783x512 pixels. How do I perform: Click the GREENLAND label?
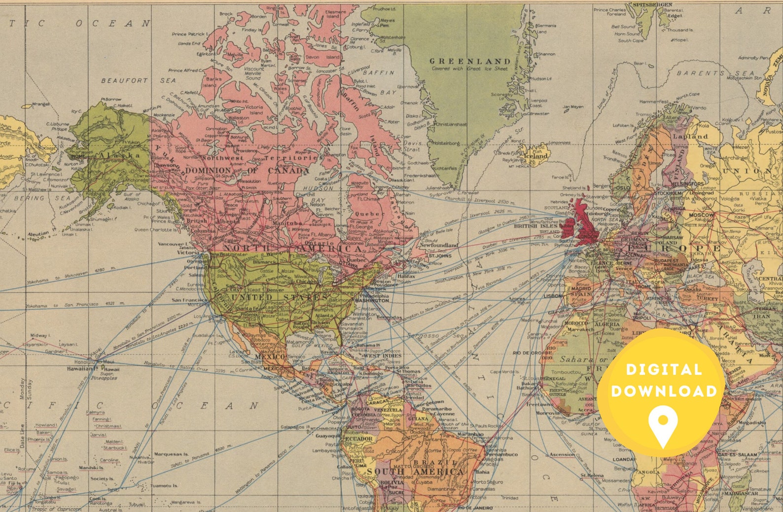[x=469, y=61]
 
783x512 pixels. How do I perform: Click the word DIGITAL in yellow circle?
[x=663, y=370]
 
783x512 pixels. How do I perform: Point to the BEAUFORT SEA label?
[x=138, y=80]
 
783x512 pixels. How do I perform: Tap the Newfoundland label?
[x=438, y=245]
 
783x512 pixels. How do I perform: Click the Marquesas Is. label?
[x=171, y=454]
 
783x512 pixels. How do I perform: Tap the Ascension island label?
[x=562, y=454]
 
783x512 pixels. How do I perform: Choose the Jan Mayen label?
[x=573, y=107]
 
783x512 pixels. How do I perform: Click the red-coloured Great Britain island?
[x=584, y=217]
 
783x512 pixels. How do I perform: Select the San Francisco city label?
[x=190, y=299]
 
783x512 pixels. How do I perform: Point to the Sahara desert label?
[x=576, y=359]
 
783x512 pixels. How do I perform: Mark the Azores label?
[x=517, y=298]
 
